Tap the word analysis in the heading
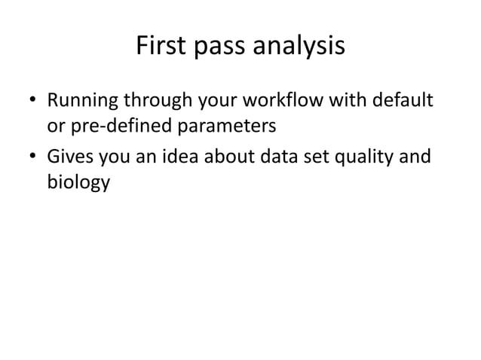[x=300, y=47]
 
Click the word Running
[x=79, y=99]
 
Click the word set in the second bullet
[x=301, y=158]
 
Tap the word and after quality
[x=415, y=158]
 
